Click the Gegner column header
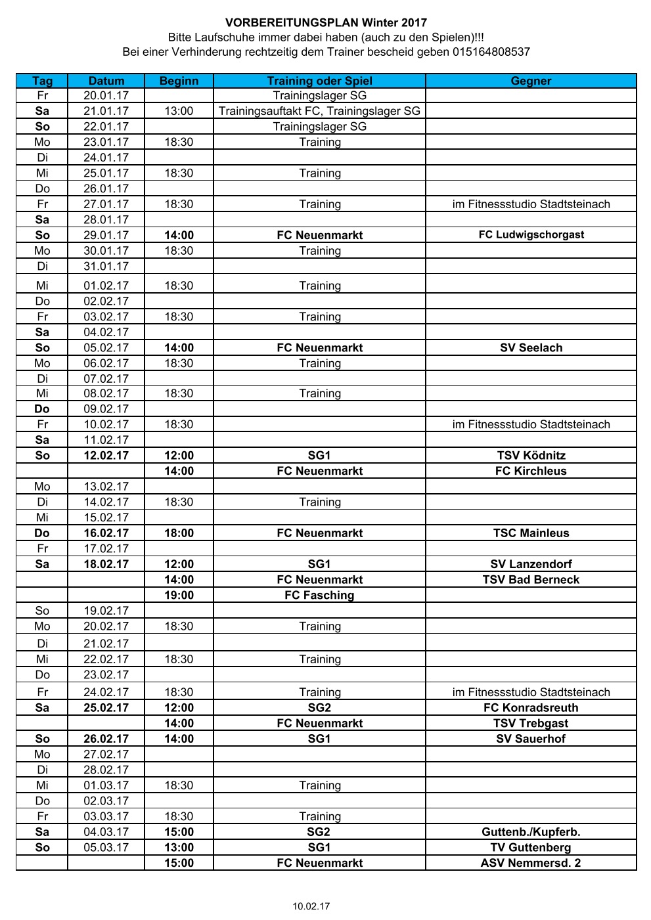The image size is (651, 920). tap(531, 81)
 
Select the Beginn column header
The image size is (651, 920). tap(179, 81)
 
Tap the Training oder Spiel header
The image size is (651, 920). tap(319, 81)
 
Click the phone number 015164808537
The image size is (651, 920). tap(491, 52)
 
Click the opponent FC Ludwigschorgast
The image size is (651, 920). tap(531, 234)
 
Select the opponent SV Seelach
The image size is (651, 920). tap(531, 347)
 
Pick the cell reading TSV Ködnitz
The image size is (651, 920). tap(531, 455)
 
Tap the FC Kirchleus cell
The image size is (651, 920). tap(531, 471)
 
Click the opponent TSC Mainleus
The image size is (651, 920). tap(531, 533)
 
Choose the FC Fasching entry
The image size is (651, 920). tap(319, 595)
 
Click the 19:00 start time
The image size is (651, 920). tap(179, 595)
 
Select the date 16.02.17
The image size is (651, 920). tap(106, 533)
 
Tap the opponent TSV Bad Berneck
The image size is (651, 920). tap(531, 580)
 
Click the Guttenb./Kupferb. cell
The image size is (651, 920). tap(531, 832)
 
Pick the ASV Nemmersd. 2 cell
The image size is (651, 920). tap(531, 863)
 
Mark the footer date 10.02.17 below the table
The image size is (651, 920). tap(311, 906)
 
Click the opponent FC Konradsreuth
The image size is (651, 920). tap(531, 708)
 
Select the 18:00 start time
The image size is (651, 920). tap(179, 533)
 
